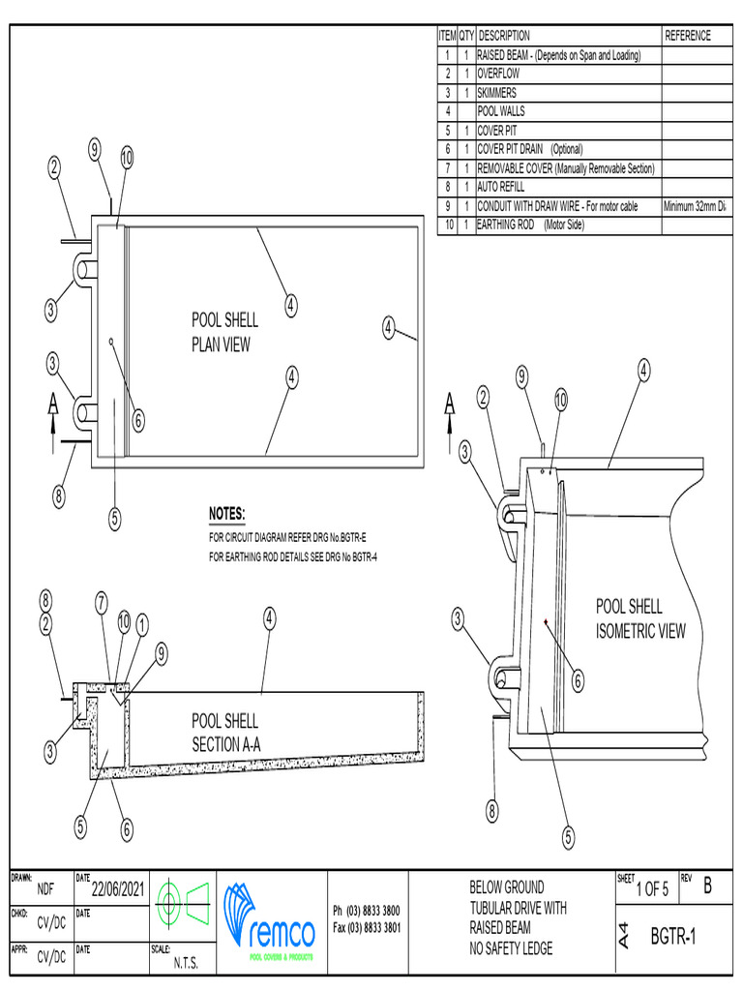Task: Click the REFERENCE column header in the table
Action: click(688, 36)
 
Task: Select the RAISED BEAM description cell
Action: click(559, 55)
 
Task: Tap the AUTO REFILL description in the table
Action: click(501, 187)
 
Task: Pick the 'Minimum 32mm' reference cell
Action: click(695, 206)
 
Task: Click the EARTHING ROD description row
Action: click(531, 225)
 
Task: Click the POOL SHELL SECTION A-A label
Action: click(225, 733)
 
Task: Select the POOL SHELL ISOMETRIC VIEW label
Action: click(639, 619)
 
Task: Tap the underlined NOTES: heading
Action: click(227, 513)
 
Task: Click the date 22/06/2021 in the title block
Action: click(118, 889)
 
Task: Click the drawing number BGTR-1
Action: click(672, 937)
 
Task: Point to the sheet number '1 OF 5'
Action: click(652, 889)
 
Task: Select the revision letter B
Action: click(707, 885)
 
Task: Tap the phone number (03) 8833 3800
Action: click(366, 911)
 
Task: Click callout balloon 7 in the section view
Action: click(102, 602)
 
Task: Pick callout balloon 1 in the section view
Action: click(142, 625)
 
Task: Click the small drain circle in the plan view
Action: click(112, 341)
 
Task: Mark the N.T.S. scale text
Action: click(187, 963)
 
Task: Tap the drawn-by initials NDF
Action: click(45, 889)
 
